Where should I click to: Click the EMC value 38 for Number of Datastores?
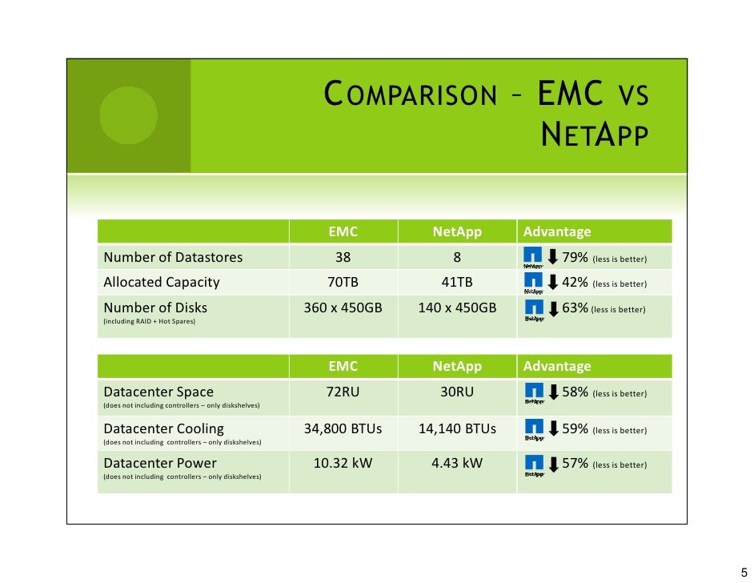pyautogui.click(x=343, y=258)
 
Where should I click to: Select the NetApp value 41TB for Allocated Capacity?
pyautogui.click(x=457, y=283)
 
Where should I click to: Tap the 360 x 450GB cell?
pyautogui.click(x=343, y=308)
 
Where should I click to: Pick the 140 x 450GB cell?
pyautogui.click(x=457, y=308)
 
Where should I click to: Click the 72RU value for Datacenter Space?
pyautogui.click(x=343, y=392)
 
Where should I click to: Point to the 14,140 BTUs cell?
pyautogui.click(x=457, y=429)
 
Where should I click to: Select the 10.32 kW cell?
pyautogui.click(x=343, y=464)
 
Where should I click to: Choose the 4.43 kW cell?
pyautogui.click(x=457, y=464)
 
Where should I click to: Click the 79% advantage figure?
pyautogui.click(x=576, y=258)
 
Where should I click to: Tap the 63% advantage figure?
pyautogui.click(x=576, y=308)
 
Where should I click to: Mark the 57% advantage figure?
pyautogui.click(x=576, y=464)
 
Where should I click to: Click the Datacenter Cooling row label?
pyautogui.click(x=163, y=429)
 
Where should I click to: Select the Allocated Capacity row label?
pyautogui.click(x=161, y=283)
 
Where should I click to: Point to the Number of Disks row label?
pyautogui.click(x=155, y=308)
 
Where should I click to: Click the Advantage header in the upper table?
pyautogui.click(x=557, y=232)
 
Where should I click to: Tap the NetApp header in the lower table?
pyautogui.click(x=457, y=367)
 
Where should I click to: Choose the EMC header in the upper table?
pyautogui.click(x=343, y=232)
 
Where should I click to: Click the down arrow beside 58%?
pyautogui.click(x=552, y=392)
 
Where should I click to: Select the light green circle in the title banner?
pyautogui.click(x=128, y=115)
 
